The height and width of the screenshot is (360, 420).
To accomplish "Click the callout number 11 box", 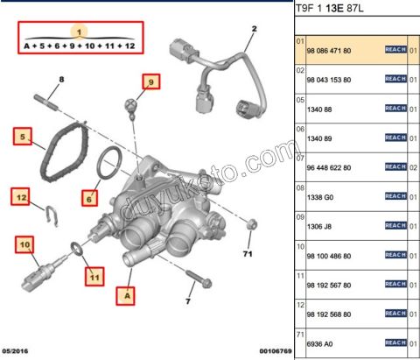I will click(91, 278).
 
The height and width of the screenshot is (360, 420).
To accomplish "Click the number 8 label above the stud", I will click(61, 81).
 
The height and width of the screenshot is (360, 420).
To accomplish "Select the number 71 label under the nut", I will click(247, 254).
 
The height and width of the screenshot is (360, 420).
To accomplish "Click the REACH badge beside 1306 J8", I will click(396, 225).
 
